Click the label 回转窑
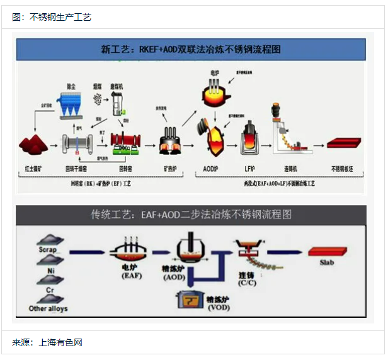click(x=126, y=169)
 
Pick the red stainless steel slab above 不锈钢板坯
click(x=345, y=143)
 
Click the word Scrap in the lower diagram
click(x=47, y=250)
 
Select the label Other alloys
click(x=48, y=309)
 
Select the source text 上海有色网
click(x=60, y=343)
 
